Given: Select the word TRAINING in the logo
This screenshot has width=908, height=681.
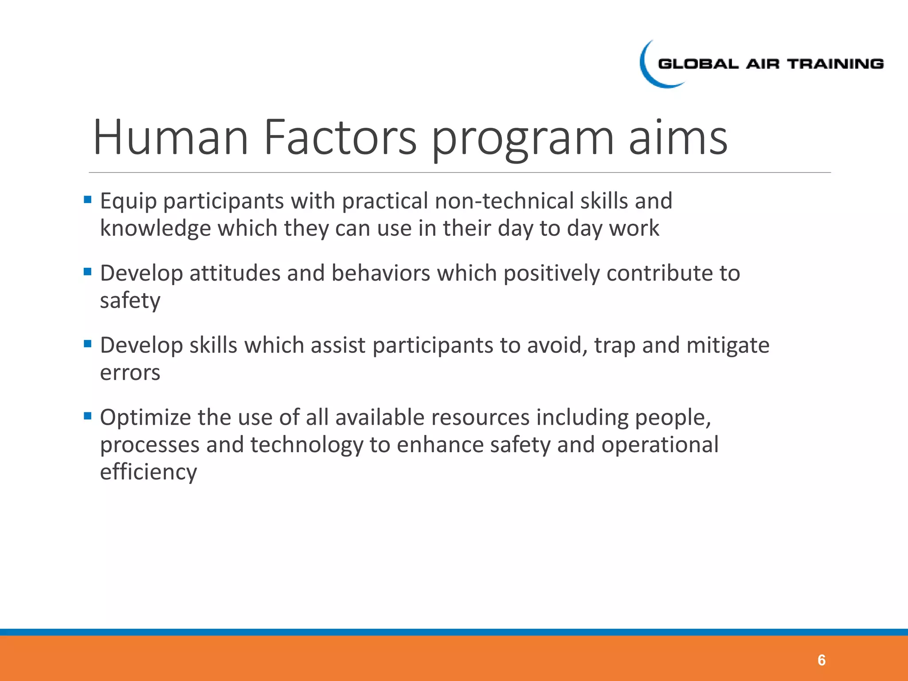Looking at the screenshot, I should [x=835, y=64].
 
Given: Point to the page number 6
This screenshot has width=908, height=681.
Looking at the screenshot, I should [x=821, y=660].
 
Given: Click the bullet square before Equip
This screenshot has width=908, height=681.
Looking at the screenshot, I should [x=87, y=200].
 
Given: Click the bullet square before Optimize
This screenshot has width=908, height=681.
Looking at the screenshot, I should [x=87, y=416].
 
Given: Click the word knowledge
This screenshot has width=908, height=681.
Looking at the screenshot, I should [x=155, y=229].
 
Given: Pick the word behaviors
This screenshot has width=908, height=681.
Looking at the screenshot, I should [x=381, y=273].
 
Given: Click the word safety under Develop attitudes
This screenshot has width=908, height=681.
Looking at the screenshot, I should [x=130, y=301].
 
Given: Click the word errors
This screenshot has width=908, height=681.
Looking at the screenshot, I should [x=130, y=373].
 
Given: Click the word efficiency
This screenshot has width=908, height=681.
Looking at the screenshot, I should [x=148, y=472].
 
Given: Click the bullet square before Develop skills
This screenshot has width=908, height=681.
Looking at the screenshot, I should [x=87, y=344].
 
